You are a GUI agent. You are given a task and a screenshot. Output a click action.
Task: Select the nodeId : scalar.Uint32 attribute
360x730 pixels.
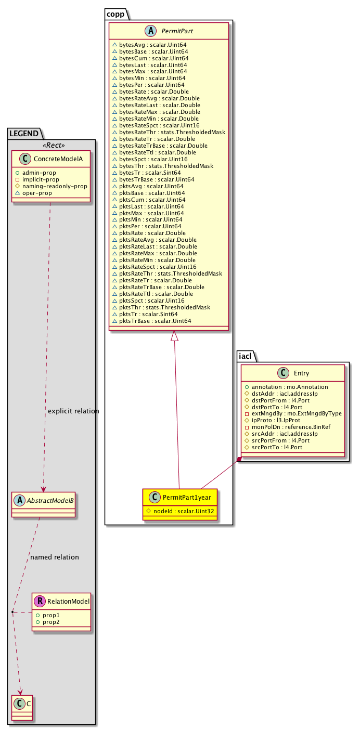pyautogui.click(x=182, y=511)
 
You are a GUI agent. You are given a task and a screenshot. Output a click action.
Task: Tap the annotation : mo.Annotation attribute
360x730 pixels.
pyautogui.click(x=290, y=387)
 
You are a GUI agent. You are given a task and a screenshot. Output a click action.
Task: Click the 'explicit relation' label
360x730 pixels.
pyautogui.click(x=73, y=411)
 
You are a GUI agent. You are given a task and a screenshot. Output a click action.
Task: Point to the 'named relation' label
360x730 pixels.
pyautogui.click(x=55, y=557)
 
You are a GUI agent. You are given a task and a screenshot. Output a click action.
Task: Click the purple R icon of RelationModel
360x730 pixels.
pyautogui.click(x=40, y=601)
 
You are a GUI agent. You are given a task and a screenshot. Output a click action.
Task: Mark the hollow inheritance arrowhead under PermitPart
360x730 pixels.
pyautogui.click(x=175, y=337)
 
